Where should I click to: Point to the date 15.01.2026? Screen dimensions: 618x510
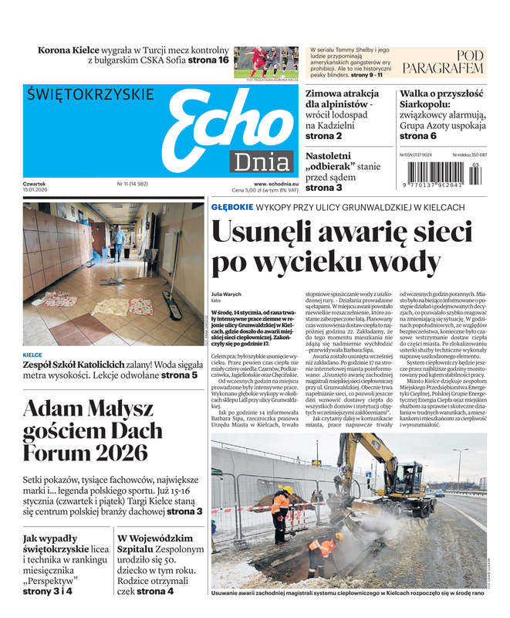tap(35, 190)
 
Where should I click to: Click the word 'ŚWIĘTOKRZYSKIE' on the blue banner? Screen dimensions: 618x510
tap(90, 96)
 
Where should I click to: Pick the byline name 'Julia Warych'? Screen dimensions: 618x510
tap(227, 293)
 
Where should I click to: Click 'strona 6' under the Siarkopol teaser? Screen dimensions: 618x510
tap(417, 136)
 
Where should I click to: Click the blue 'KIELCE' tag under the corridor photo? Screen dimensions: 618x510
tap(32, 355)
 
